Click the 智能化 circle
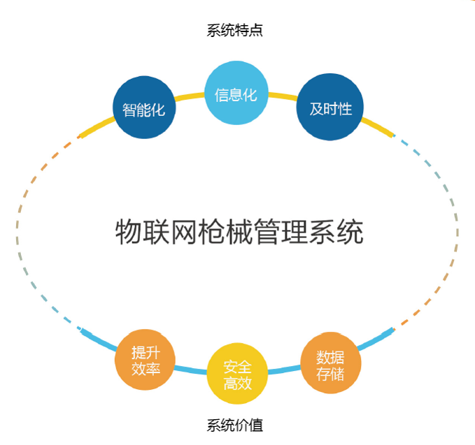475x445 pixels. [x=144, y=108]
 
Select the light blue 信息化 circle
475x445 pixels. [x=236, y=93]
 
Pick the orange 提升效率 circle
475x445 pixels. [x=146, y=360]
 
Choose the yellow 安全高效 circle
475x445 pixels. [x=238, y=374]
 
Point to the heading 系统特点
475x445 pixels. [x=235, y=30]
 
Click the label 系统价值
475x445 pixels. [x=235, y=424]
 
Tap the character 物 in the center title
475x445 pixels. [x=128, y=231]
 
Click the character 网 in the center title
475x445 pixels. [x=184, y=231]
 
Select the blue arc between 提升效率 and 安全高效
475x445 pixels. [x=190, y=368]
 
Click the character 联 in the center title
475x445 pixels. [x=156, y=231]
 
